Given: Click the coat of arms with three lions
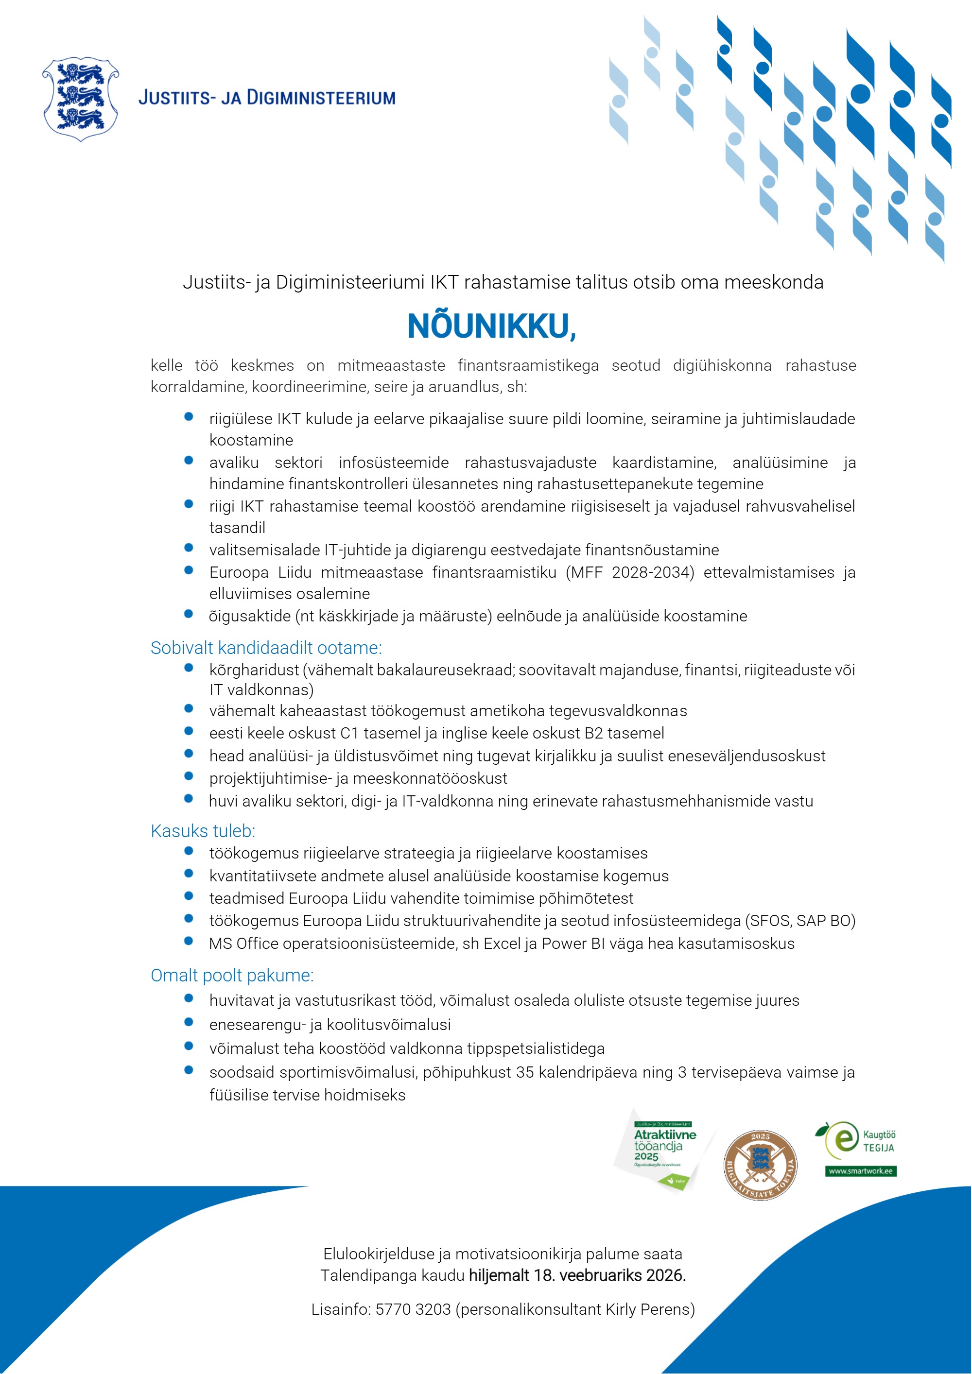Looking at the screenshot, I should [x=80, y=99].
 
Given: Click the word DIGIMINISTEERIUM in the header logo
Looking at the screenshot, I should [x=321, y=98].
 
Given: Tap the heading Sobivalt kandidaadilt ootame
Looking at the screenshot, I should [x=266, y=648].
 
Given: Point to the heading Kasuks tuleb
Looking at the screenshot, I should [x=203, y=831].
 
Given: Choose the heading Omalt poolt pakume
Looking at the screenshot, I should [x=232, y=976].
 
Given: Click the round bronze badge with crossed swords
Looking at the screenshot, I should [x=760, y=1165].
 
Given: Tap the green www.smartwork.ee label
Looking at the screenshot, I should [x=861, y=1171].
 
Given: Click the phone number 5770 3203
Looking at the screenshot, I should [x=413, y=1309].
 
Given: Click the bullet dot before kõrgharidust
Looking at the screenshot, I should [x=189, y=668].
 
